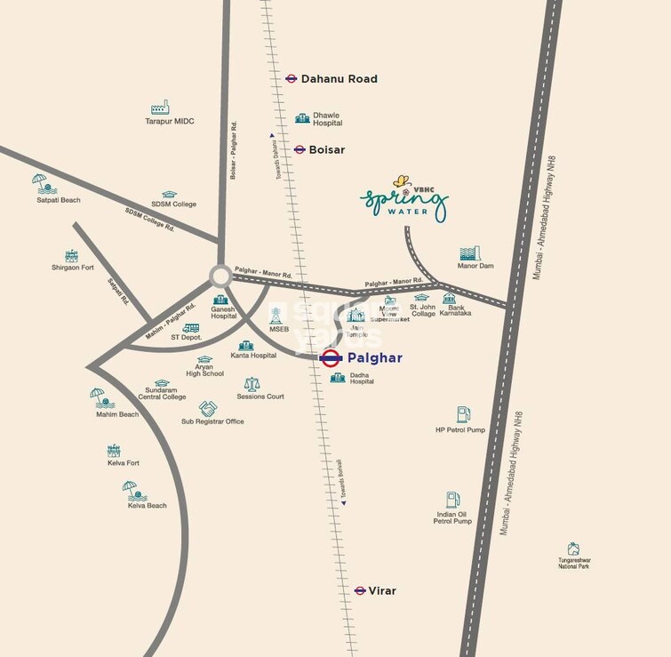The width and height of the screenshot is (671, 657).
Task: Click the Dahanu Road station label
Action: coord(339,79)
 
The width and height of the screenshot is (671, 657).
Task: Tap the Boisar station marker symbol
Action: coord(300,149)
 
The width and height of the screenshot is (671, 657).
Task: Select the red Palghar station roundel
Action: coord(331,358)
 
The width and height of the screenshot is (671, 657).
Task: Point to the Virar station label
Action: coord(382,590)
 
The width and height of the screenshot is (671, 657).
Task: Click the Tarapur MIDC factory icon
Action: coord(160,108)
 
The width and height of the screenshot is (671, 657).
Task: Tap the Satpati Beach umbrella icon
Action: coord(41,184)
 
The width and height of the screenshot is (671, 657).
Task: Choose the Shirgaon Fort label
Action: coord(73,267)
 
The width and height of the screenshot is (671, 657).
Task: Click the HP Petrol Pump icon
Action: coord(463,414)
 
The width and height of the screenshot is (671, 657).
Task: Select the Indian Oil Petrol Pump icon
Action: coord(452,500)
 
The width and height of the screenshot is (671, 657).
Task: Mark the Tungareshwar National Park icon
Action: coord(573,549)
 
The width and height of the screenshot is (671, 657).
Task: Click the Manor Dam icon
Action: coord(470,253)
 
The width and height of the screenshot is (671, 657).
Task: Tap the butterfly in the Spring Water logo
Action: coord(403,181)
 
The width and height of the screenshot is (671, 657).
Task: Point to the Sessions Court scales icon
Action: coord(252,384)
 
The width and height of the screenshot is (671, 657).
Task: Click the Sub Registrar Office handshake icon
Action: coord(208,408)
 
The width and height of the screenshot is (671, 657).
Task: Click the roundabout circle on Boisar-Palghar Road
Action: coord(220,276)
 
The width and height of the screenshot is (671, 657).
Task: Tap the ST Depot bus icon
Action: coord(190,328)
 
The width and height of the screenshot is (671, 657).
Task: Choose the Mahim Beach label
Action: coord(117,414)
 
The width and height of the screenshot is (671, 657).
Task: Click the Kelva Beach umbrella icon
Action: coord(131,490)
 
